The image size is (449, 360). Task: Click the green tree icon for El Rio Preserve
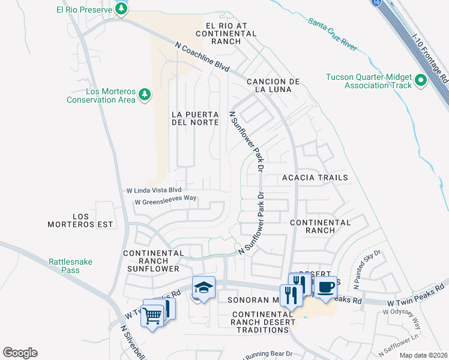click(x=122, y=8)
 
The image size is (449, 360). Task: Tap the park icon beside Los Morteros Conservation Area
click(x=144, y=94)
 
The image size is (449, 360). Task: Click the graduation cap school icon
click(x=203, y=288)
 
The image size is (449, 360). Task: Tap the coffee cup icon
click(x=325, y=287)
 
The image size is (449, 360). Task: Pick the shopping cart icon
click(x=152, y=314)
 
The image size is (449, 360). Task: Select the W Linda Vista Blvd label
click(x=153, y=190)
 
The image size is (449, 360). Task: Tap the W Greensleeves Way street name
click(x=166, y=200)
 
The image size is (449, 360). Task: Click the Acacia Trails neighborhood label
click(x=315, y=178)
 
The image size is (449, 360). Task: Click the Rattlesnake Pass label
click(x=63, y=266)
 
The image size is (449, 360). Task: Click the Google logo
click(x=20, y=353)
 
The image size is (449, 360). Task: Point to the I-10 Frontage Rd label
click(x=430, y=58)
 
